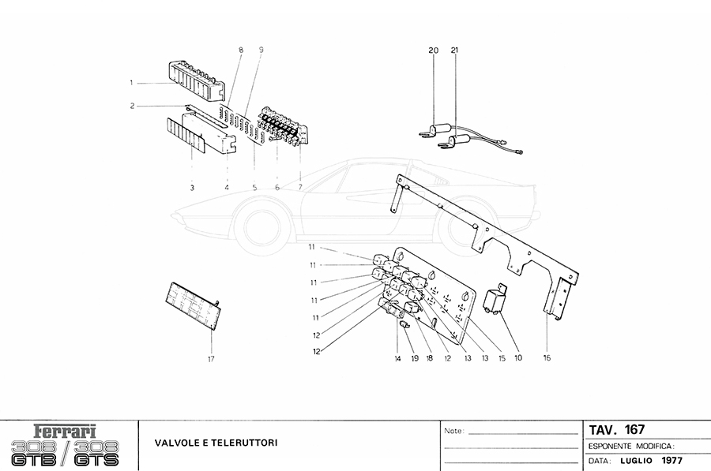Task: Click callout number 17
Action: [211, 359]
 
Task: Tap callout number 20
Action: [434, 50]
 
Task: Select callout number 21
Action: [455, 50]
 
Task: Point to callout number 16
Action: [547, 357]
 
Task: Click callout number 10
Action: [518, 357]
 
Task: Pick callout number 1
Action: [131, 83]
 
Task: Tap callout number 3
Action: [192, 188]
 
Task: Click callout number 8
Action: [241, 50]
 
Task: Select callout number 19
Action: [415, 358]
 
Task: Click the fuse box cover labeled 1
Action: [197, 80]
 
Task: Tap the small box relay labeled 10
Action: [495, 299]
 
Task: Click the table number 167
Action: [634, 429]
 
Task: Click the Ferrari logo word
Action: [66, 432]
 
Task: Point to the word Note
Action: [454, 431]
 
